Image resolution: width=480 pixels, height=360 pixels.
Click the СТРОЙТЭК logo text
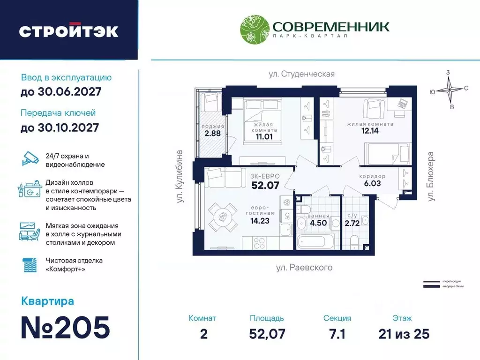pyautogui.click(x=68, y=31)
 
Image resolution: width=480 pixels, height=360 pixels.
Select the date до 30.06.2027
pyautogui.click(x=61, y=92)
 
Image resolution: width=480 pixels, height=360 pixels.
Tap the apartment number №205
pyautogui.click(x=65, y=327)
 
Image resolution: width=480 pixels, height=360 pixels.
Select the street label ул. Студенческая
pyautogui.click(x=301, y=74)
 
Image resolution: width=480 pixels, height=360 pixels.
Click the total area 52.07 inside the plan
pyautogui.click(x=266, y=185)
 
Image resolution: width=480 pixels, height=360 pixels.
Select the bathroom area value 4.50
pyautogui.click(x=319, y=223)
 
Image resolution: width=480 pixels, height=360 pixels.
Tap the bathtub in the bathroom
pyautogui.click(x=317, y=242)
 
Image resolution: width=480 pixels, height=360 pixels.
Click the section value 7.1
pyautogui.click(x=337, y=334)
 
